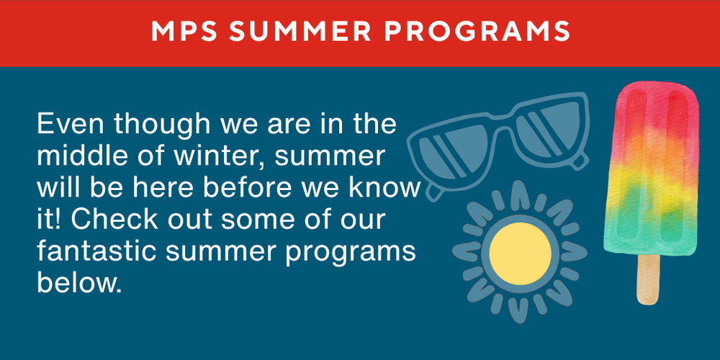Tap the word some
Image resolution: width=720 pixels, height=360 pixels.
(x=264, y=219)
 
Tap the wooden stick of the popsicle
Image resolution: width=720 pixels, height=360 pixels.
(x=647, y=278)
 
